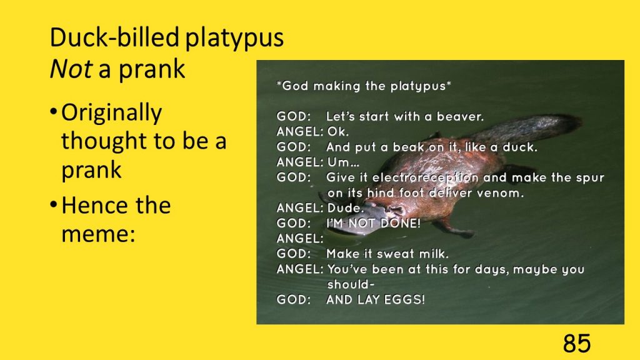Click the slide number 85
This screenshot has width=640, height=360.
pos(577,343)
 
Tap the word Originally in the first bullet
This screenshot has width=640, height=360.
pos(111,114)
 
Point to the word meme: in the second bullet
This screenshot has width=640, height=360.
pos(98,234)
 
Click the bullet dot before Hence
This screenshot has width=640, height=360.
pos(54,203)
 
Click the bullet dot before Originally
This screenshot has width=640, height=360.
pos(54,111)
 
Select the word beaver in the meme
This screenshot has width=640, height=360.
pos(459,117)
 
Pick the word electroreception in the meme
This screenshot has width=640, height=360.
pos(425,178)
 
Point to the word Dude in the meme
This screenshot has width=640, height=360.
pos(344,208)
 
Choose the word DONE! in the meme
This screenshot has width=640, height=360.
pos(400,223)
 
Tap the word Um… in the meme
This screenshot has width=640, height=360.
pos(343,162)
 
